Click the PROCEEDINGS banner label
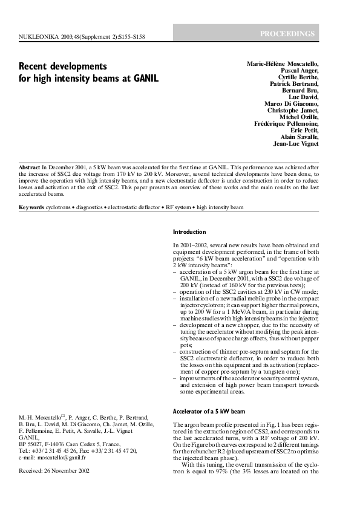coord(287,33)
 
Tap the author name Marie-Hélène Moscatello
coord(282,64)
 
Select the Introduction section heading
coord(189,232)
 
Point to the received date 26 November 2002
coord(71,471)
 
